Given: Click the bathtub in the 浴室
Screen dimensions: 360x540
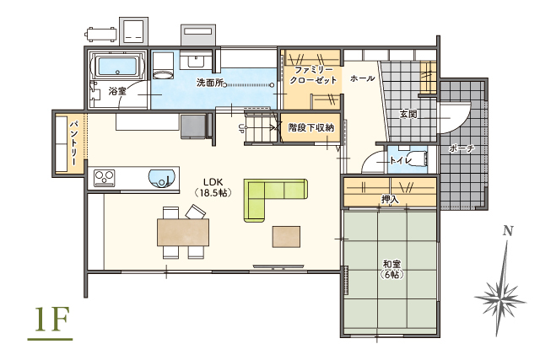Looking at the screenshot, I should (x=119, y=65).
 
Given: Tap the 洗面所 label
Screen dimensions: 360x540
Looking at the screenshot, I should (x=210, y=83).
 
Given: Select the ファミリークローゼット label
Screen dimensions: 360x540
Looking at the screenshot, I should (x=312, y=73).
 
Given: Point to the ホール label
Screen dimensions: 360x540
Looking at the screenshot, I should (x=362, y=78).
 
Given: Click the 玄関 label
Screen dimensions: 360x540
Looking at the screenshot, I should (x=408, y=113).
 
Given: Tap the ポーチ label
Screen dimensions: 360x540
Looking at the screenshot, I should (x=462, y=148).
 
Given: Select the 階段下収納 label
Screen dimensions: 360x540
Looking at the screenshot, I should (x=310, y=127).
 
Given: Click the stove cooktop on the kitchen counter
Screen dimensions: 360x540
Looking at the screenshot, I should (x=105, y=178).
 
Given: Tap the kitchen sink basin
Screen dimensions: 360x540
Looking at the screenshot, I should (x=161, y=179).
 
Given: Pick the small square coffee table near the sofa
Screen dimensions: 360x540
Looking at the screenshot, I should (x=284, y=236).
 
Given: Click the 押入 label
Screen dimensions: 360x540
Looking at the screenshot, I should (x=390, y=200).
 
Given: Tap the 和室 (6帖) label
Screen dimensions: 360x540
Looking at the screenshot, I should (x=391, y=269).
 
